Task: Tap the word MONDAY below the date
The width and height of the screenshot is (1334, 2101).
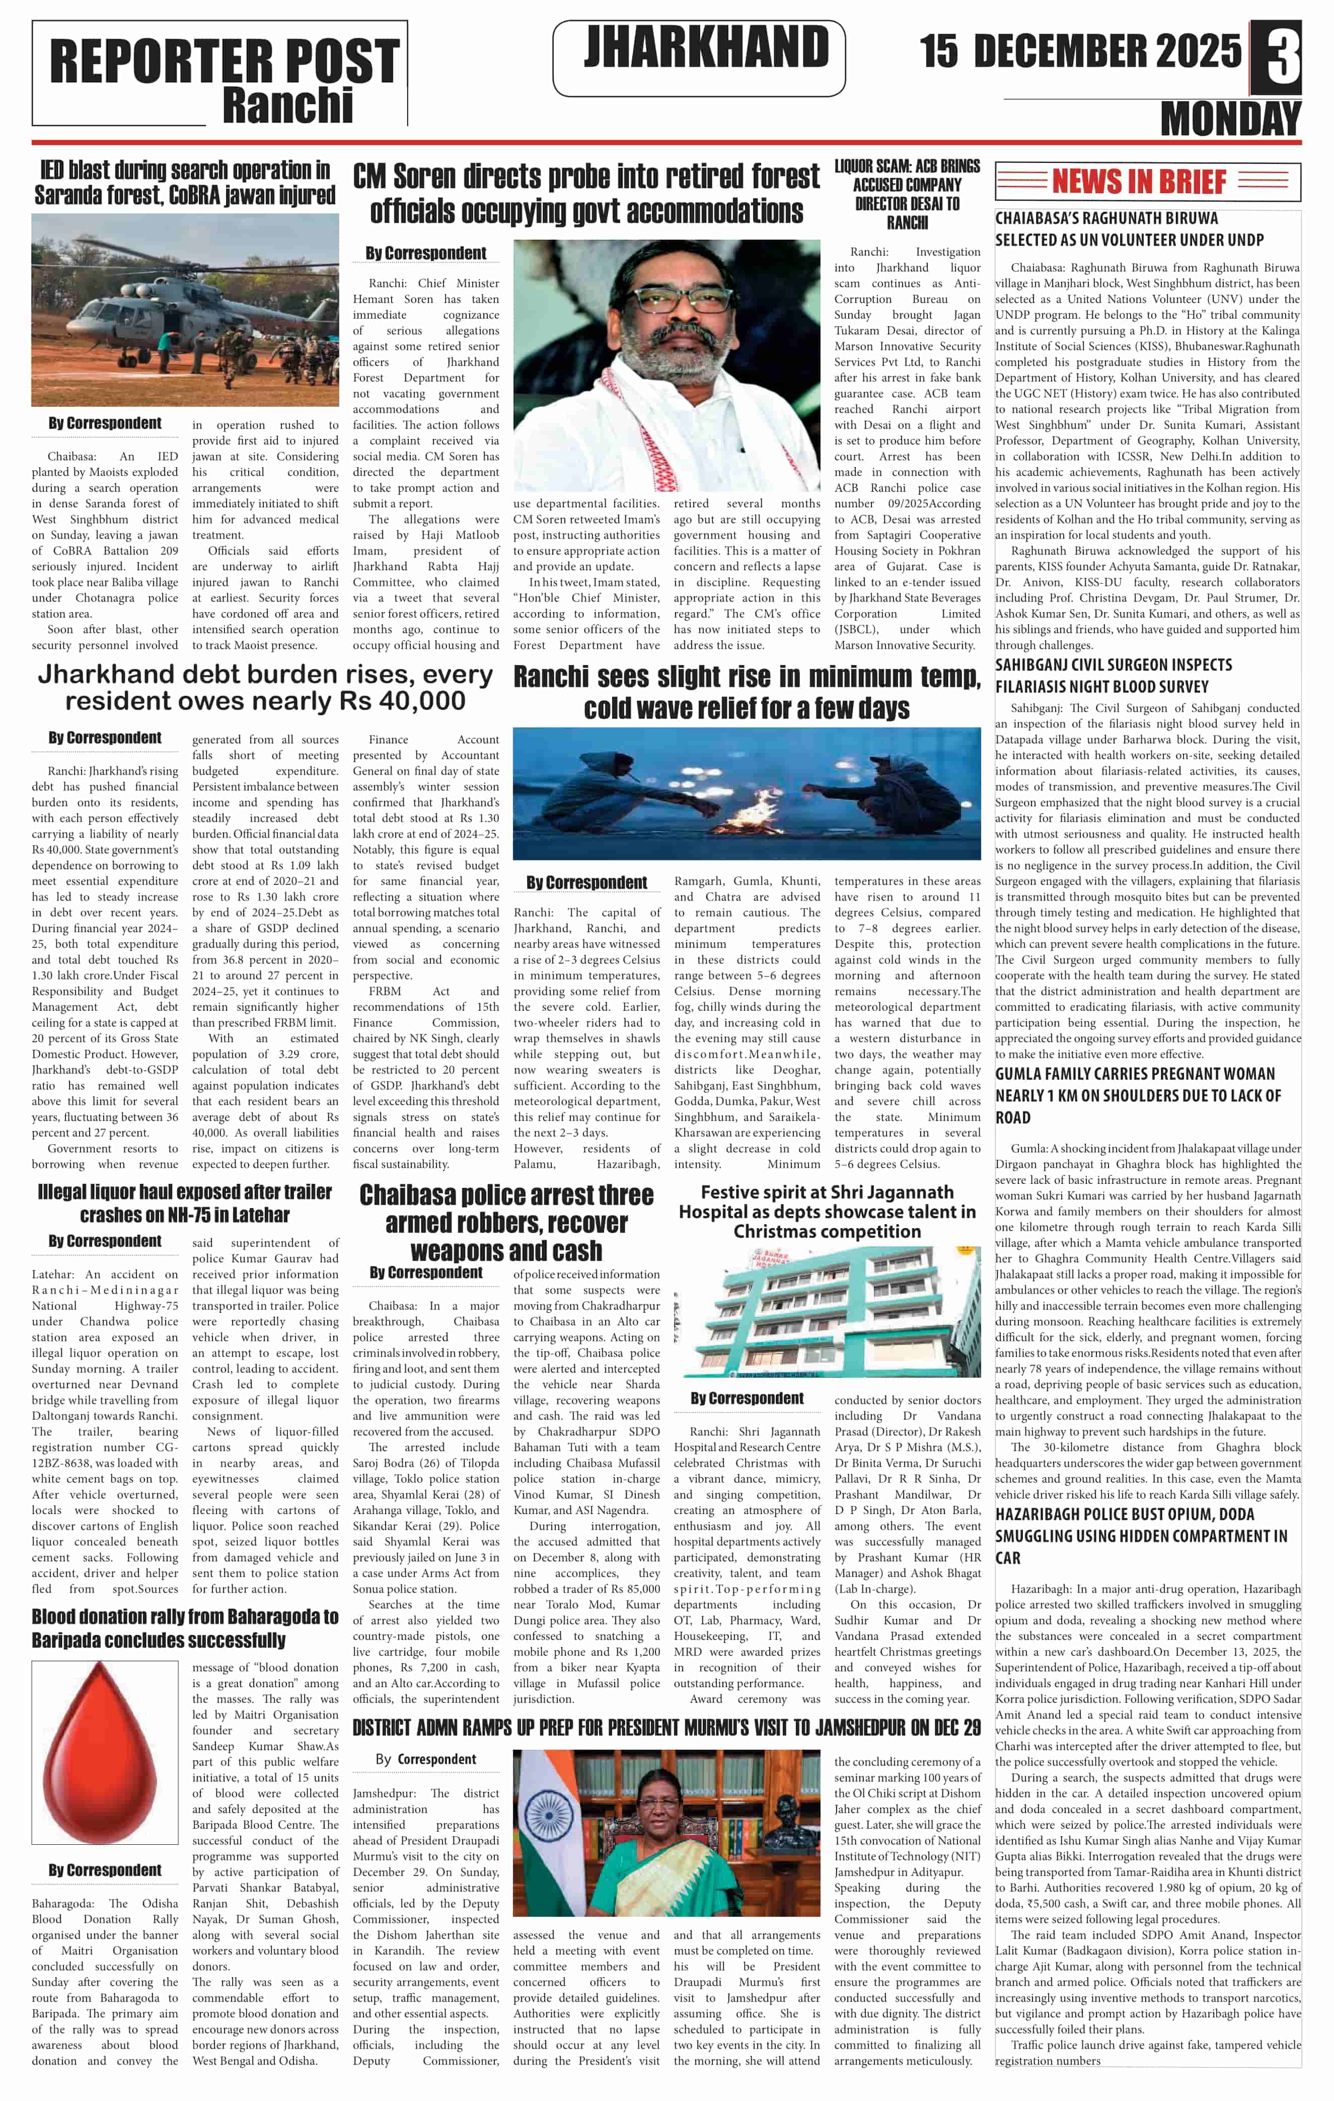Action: click(1230, 119)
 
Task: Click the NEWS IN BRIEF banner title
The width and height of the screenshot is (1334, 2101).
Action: click(1139, 182)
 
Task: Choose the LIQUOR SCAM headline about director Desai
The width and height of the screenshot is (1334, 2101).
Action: click(907, 194)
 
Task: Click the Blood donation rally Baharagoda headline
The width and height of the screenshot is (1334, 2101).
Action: click(185, 1628)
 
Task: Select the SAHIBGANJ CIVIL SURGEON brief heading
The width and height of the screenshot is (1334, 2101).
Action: click(1114, 676)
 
